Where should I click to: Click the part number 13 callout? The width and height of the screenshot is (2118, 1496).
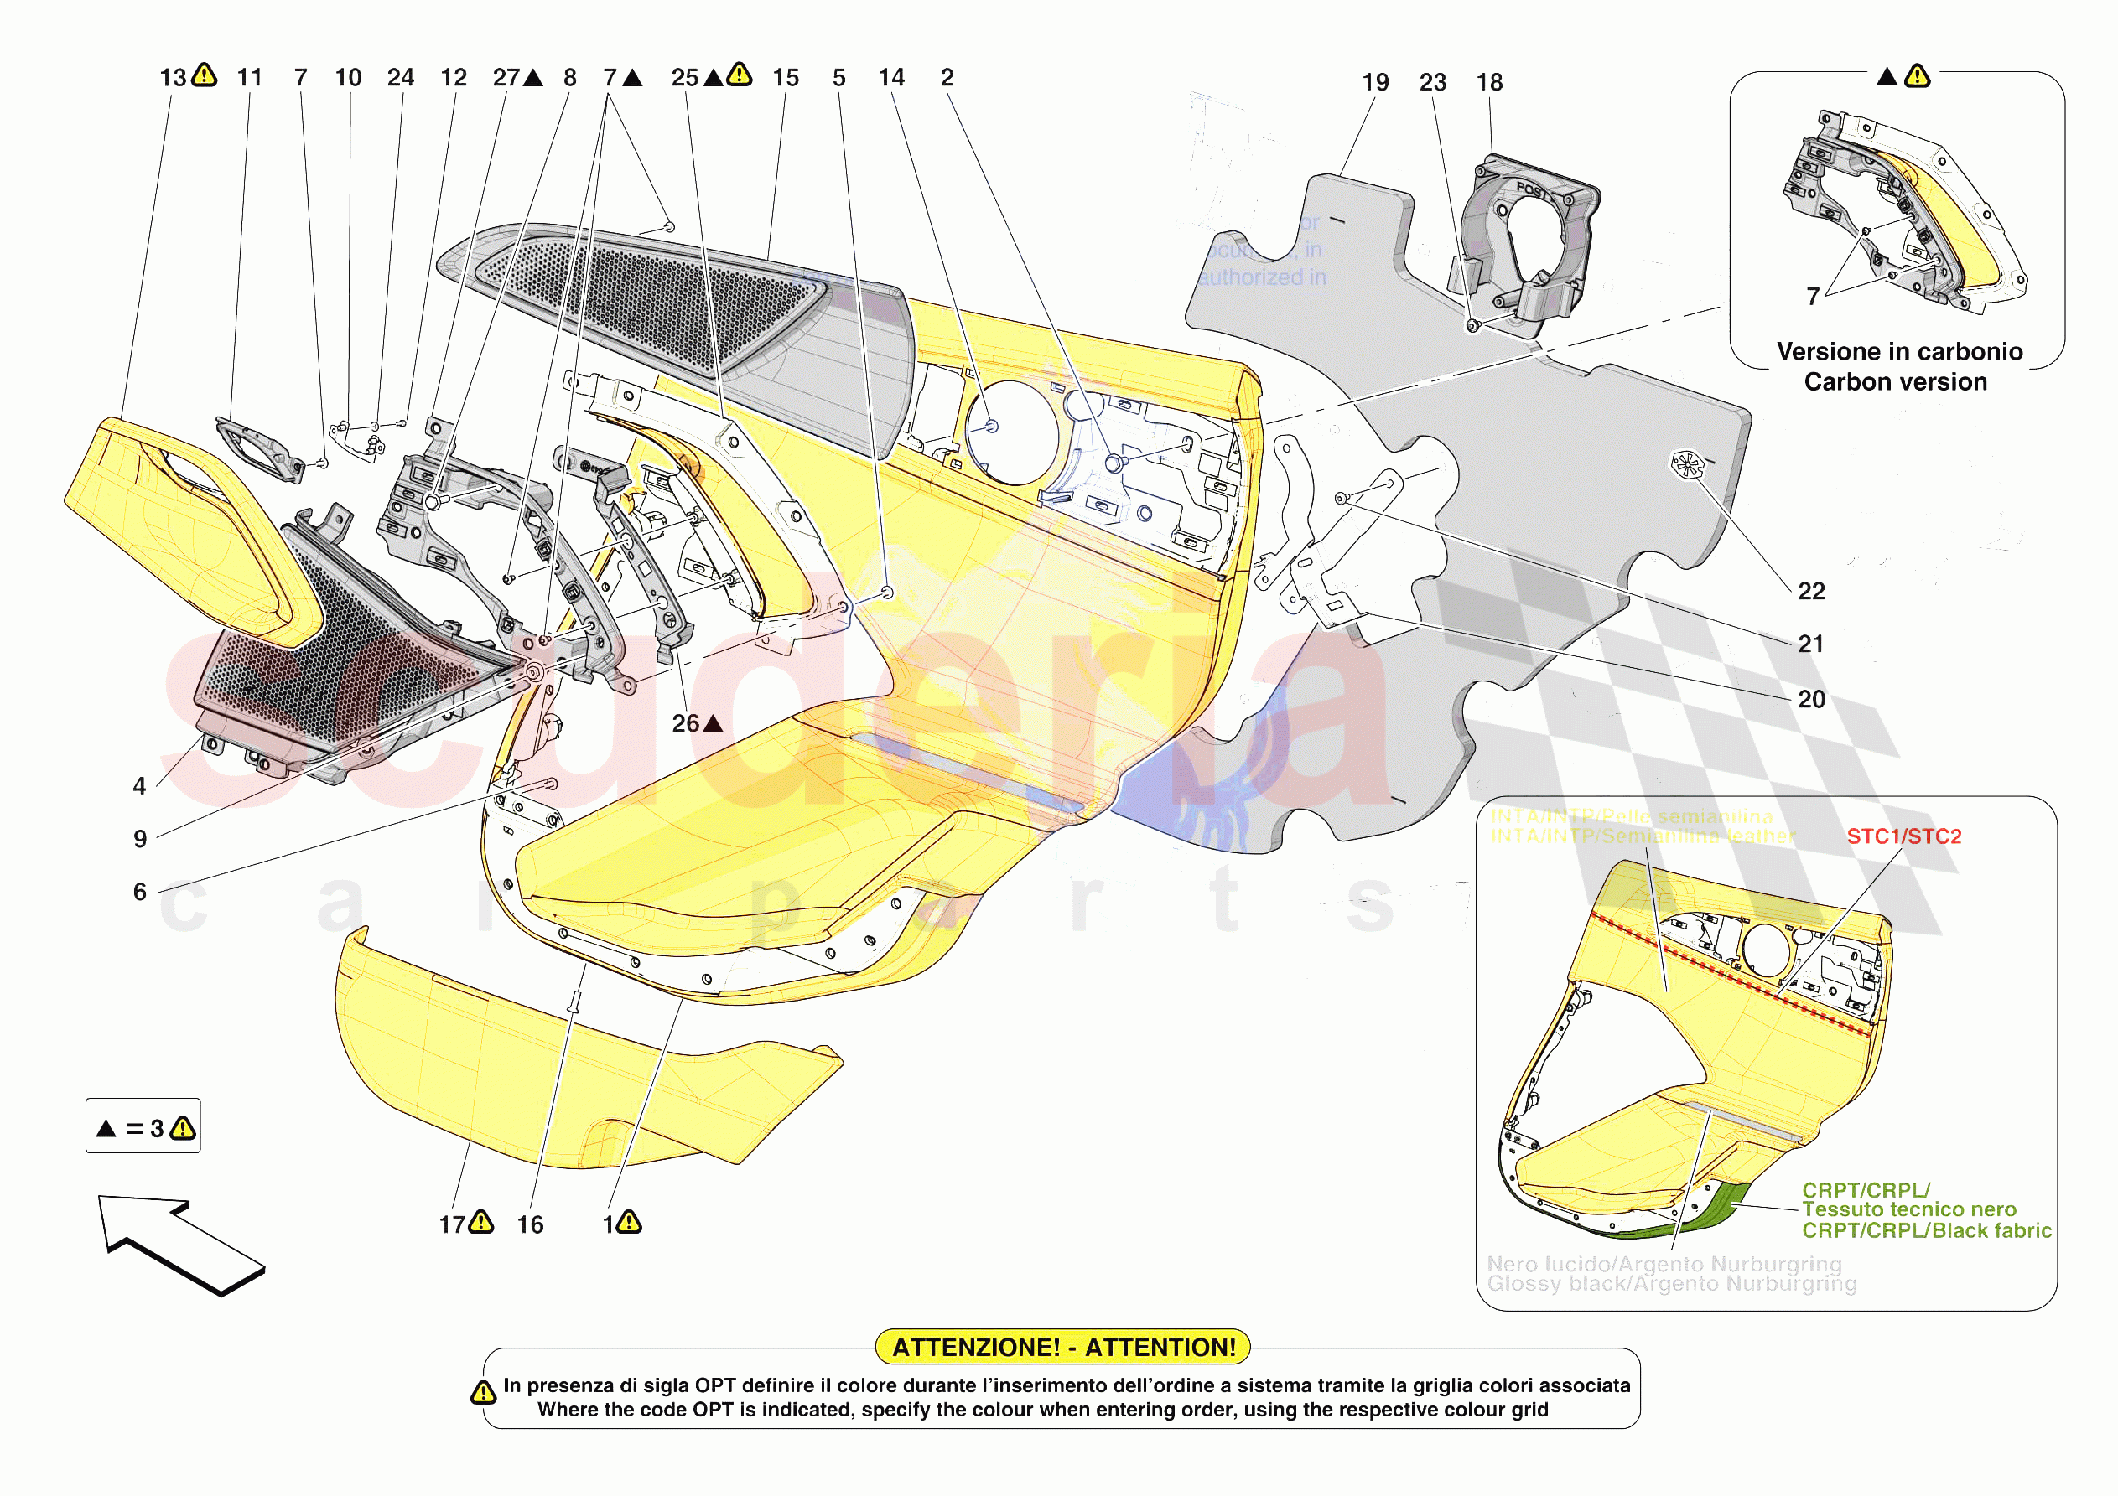click(x=173, y=77)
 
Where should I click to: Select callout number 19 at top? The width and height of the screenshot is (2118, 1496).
click(x=1375, y=82)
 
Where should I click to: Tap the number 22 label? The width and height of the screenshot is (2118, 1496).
click(x=1811, y=591)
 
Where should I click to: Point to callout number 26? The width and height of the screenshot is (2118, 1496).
click(x=685, y=724)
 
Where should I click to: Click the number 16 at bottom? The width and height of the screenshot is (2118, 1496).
click(x=531, y=1224)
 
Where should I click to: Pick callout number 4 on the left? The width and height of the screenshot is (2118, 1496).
click(x=139, y=786)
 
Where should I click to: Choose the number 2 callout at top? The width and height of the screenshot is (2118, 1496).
click(x=947, y=77)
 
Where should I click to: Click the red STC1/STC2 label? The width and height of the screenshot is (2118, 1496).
click(x=1904, y=836)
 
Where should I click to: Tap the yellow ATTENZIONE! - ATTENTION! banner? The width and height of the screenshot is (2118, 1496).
click(x=1062, y=1348)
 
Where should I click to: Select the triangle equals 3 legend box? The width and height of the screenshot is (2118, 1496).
click(x=143, y=1126)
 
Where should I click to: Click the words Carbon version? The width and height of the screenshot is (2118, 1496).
click(x=1896, y=382)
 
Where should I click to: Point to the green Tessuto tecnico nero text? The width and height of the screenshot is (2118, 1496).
click(x=1908, y=1209)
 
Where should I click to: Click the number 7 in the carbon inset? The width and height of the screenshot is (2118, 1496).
click(x=1813, y=296)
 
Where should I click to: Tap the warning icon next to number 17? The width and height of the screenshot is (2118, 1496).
click(x=481, y=1223)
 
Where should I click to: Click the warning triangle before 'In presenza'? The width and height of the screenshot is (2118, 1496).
click(x=483, y=1392)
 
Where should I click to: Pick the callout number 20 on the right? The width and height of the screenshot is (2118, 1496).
click(x=1811, y=700)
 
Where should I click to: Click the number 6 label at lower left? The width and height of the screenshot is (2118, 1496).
click(x=139, y=892)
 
